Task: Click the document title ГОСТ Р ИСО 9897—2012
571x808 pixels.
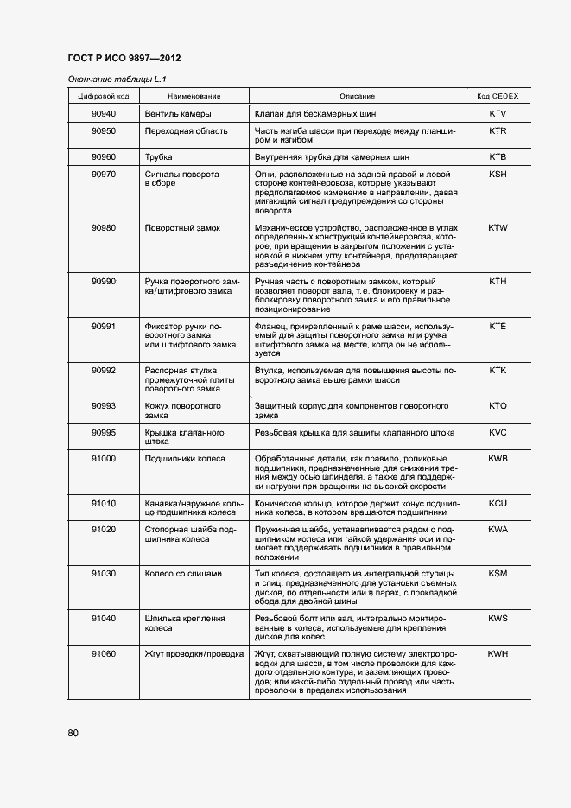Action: point(124,59)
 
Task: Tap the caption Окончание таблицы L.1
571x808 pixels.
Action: point(110,80)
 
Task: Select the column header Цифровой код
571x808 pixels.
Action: point(104,96)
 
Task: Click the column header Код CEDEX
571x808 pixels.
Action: point(497,96)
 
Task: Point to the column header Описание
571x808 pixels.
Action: point(357,96)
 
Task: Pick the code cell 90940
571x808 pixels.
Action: point(104,114)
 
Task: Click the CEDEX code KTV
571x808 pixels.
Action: point(497,114)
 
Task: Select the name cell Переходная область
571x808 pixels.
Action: point(186,131)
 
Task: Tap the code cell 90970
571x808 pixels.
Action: point(104,174)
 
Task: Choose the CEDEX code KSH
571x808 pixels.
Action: point(497,174)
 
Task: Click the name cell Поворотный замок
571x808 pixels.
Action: point(182,228)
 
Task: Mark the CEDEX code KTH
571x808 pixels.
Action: point(497,282)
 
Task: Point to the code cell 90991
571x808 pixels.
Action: point(104,326)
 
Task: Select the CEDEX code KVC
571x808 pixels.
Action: point(497,431)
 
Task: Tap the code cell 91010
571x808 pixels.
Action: point(104,502)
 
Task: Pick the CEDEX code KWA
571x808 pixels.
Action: point(497,528)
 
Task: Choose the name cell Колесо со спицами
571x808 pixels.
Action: point(183,573)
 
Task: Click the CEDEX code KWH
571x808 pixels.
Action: point(497,653)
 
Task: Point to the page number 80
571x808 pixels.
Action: point(73,734)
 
